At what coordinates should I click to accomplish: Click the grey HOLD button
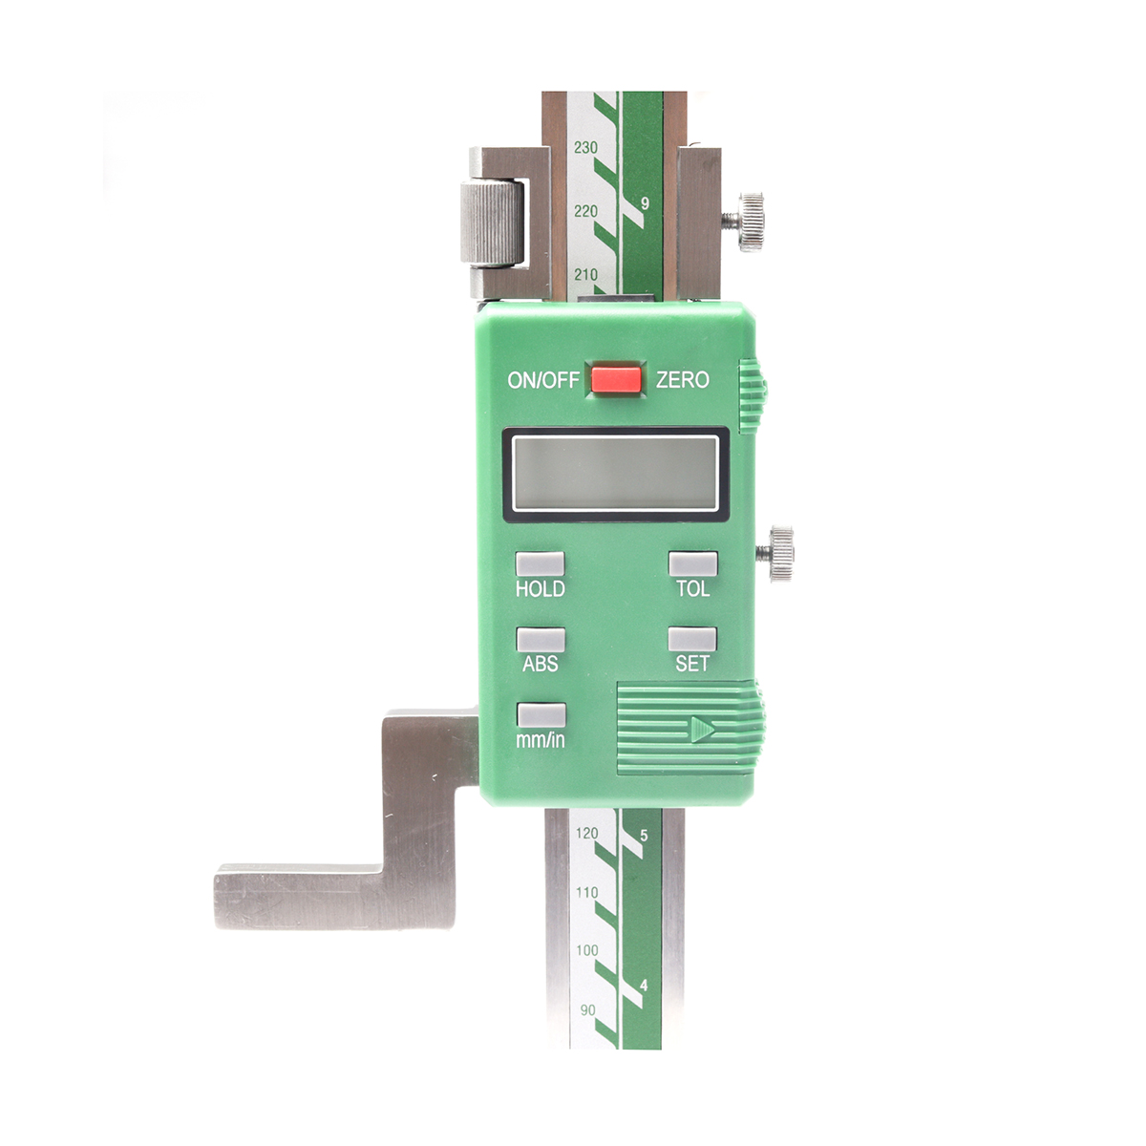[540, 563]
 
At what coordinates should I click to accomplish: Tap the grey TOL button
[692, 563]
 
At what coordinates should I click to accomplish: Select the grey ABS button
[540, 639]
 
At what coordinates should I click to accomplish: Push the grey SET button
[692, 639]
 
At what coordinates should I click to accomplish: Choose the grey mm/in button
[541, 715]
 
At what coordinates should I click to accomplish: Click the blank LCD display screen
[616, 474]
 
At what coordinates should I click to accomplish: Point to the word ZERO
[683, 379]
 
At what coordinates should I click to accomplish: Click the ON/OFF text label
[543, 380]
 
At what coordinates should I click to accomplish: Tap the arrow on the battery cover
[702, 729]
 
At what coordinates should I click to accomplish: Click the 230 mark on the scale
[585, 147]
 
